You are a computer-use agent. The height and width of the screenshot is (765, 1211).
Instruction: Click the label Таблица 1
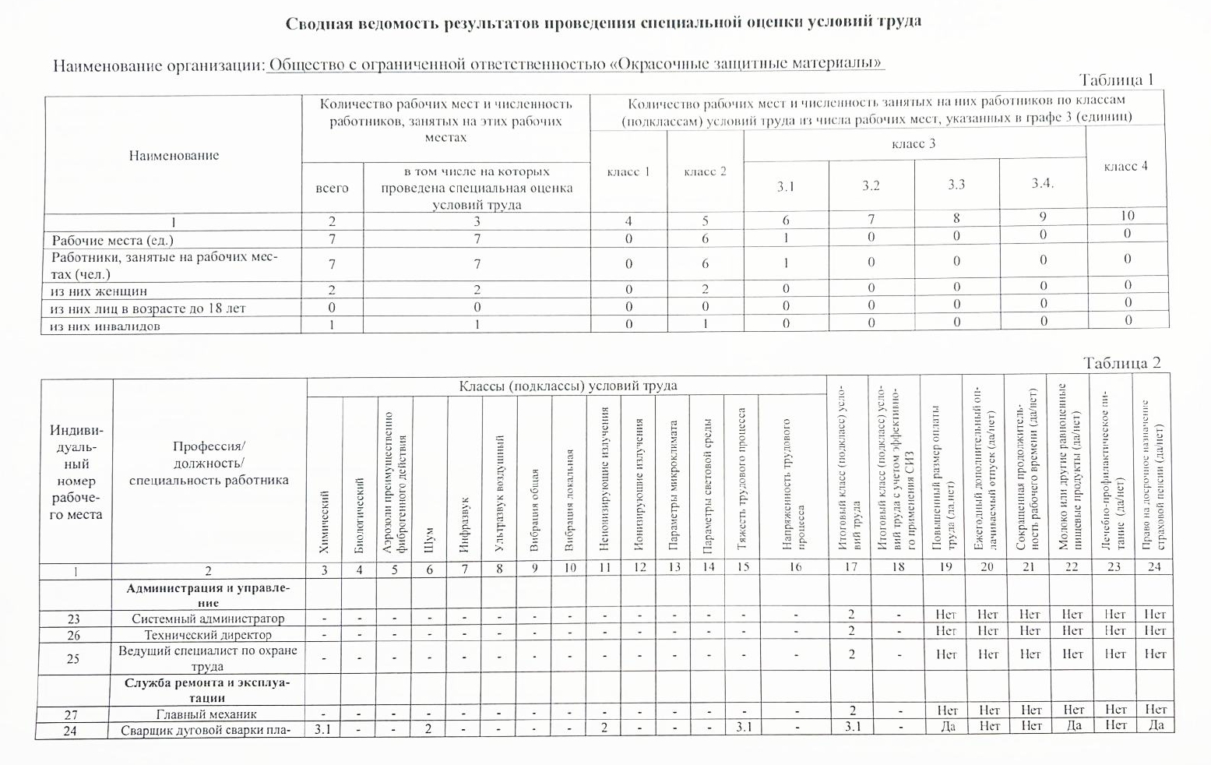pos(1115,79)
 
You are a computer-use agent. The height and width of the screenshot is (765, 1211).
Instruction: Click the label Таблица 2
pos(1121,363)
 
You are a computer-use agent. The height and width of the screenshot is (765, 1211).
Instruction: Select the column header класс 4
pos(1125,166)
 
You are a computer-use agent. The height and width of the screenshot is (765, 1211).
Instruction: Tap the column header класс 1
pos(628,171)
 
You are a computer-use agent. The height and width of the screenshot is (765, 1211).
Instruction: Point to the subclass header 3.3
pos(956,185)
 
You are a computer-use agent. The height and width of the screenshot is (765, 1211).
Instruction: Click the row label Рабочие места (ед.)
pos(113,240)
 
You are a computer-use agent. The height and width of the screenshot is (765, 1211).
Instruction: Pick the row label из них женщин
pos(99,291)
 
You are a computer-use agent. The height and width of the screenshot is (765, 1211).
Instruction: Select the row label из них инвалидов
pos(105,326)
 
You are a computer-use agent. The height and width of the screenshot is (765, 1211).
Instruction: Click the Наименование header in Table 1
pos(174,155)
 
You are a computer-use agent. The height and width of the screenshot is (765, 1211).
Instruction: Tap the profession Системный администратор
pos(208,619)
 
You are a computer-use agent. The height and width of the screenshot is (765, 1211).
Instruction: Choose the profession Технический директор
pos(208,635)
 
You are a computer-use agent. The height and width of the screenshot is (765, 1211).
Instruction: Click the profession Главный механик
pos(206,714)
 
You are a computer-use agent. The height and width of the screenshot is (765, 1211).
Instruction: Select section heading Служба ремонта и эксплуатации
pos(208,690)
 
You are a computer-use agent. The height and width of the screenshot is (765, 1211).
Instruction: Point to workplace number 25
pos(73,658)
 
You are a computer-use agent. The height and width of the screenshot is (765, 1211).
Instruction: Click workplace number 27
pos(74,714)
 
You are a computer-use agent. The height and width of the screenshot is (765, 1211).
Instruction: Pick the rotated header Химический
pos(325,522)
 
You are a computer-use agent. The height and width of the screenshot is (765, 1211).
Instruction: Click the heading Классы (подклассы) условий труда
pos(568,386)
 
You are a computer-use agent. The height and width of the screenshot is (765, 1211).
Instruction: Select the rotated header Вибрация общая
pos(534,510)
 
